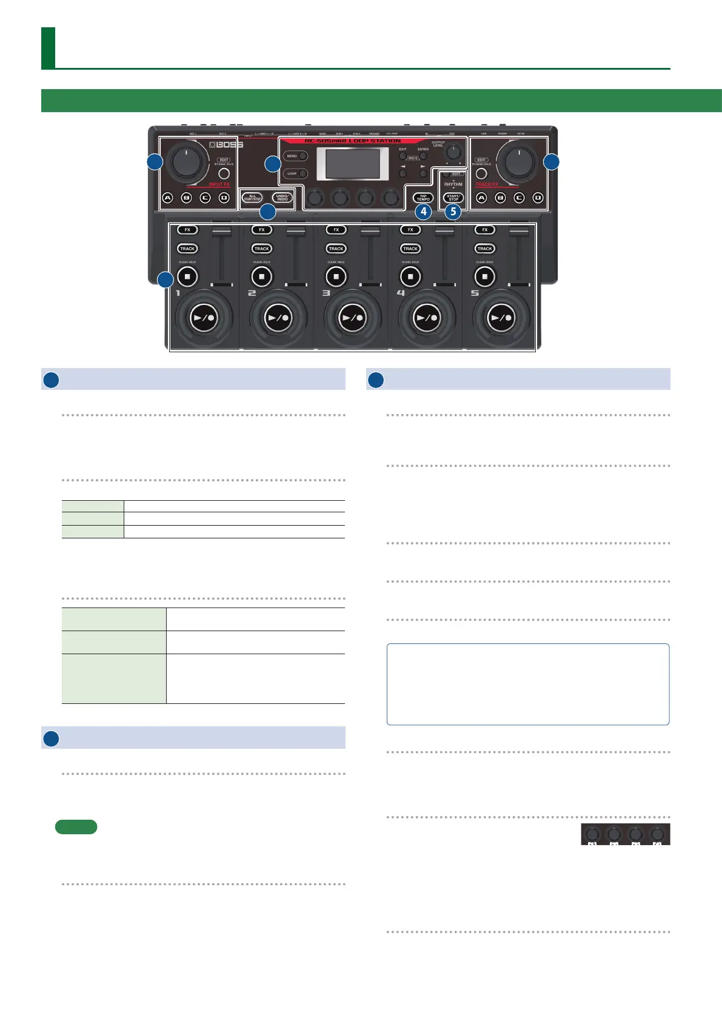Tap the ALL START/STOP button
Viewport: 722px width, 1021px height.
tap(252, 198)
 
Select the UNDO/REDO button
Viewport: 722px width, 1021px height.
tap(282, 198)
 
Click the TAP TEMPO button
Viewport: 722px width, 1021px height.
tap(423, 198)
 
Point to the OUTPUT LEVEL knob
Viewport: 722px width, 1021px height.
tap(453, 152)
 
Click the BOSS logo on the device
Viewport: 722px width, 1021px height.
tap(226, 145)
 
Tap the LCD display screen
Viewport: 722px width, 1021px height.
tap(353, 164)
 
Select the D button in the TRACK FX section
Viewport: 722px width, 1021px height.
tap(537, 198)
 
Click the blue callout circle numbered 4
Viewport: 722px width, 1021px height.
tap(423, 212)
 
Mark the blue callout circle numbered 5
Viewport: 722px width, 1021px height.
tap(453, 212)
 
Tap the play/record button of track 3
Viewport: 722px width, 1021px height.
tap(352, 318)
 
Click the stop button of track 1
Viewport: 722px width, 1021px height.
tap(187, 276)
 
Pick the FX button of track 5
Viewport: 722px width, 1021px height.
tap(484, 230)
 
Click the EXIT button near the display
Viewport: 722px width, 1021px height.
tap(403, 156)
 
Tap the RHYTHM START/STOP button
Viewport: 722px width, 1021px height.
tap(453, 198)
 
